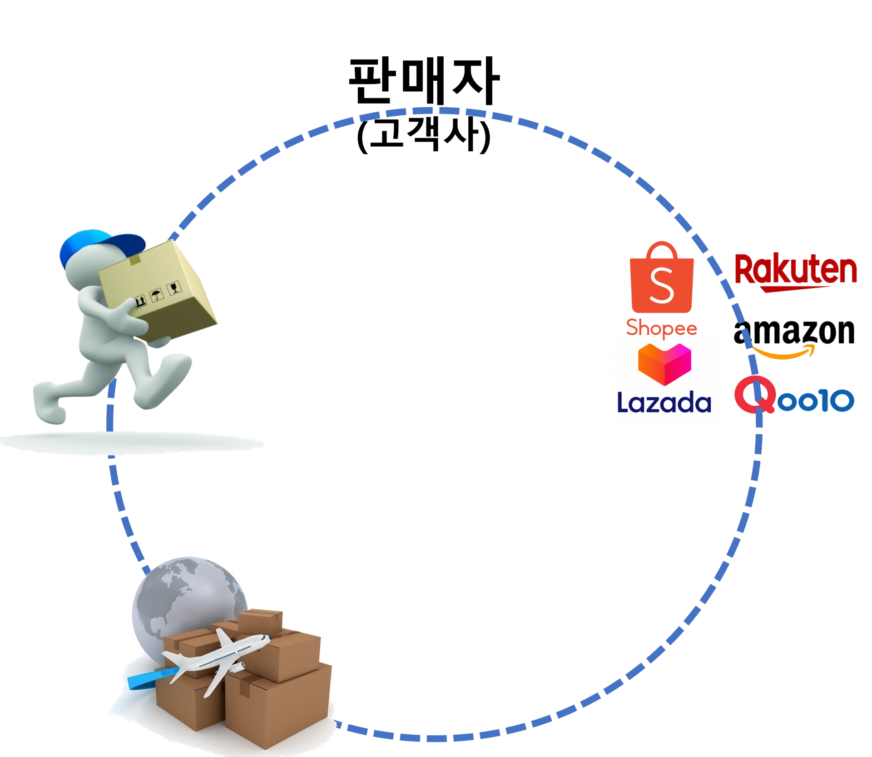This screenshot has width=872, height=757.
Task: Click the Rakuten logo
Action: pos(795,272)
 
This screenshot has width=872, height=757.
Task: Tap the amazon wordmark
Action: pos(794,332)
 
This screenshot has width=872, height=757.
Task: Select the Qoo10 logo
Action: pos(794,397)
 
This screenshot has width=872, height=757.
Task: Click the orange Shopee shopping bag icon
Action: pos(662,282)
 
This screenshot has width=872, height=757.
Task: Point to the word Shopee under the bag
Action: pos(662,328)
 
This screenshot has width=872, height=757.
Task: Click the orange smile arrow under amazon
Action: pos(783,351)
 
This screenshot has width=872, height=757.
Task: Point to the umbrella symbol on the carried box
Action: pos(157,296)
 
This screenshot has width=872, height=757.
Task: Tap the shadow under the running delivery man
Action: pos(132,442)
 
